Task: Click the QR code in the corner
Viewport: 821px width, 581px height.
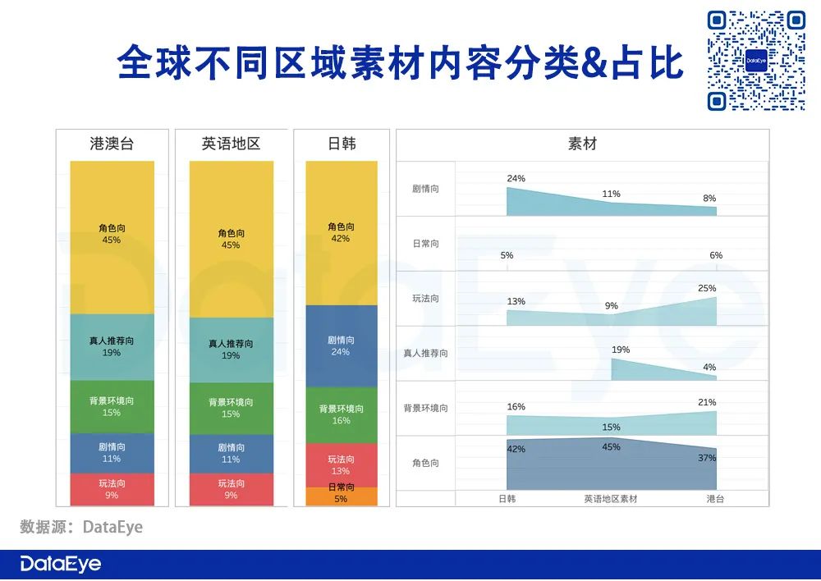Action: pyautogui.click(x=756, y=60)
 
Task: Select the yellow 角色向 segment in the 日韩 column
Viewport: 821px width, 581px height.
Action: pyautogui.click(x=342, y=233)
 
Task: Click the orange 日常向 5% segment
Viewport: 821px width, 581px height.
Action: pyautogui.click(x=342, y=496)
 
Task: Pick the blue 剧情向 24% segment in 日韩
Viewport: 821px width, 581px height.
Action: pyautogui.click(x=342, y=345)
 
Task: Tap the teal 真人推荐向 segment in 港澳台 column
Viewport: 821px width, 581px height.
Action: pyautogui.click(x=112, y=346)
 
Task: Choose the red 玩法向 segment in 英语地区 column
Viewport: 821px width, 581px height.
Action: pyautogui.click(x=231, y=489)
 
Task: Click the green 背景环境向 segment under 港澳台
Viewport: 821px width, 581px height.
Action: pyautogui.click(x=112, y=406)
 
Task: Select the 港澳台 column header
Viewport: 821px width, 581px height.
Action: pyautogui.click(x=112, y=144)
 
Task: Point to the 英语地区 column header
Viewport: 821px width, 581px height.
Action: pyautogui.click(x=231, y=144)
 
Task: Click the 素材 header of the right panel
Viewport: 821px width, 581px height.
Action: pyautogui.click(x=582, y=144)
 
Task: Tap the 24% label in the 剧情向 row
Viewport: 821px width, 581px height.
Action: pyautogui.click(x=516, y=178)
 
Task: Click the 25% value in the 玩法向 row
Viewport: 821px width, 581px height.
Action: pyautogui.click(x=707, y=288)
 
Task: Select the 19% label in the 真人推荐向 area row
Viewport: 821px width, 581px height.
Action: pyautogui.click(x=621, y=350)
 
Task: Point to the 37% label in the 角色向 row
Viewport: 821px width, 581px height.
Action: pyautogui.click(x=707, y=458)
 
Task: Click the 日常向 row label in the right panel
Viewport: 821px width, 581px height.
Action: pyautogui.click(x=425, y=244)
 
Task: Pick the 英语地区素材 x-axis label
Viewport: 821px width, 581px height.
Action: pyautogui.click(x=611, y=498)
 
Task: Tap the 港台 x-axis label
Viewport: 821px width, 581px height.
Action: pyautogui.click(x=715, y=498)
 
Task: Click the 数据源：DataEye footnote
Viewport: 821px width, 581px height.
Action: pyautogui.click(x=81, y=527)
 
